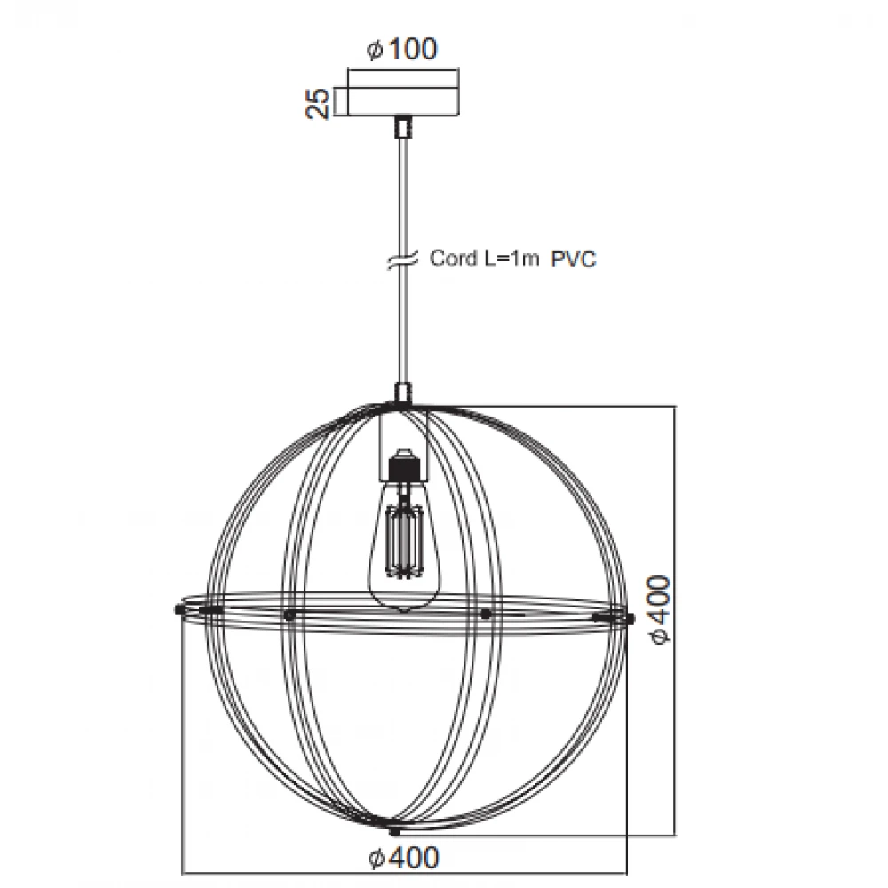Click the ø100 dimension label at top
(401, 49)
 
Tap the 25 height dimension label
(318, 103)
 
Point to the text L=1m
(511, 258)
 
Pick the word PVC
(574, 259)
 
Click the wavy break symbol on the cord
(402, 258)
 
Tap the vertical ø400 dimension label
(660, 609)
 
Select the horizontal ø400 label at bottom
(403, 858)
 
